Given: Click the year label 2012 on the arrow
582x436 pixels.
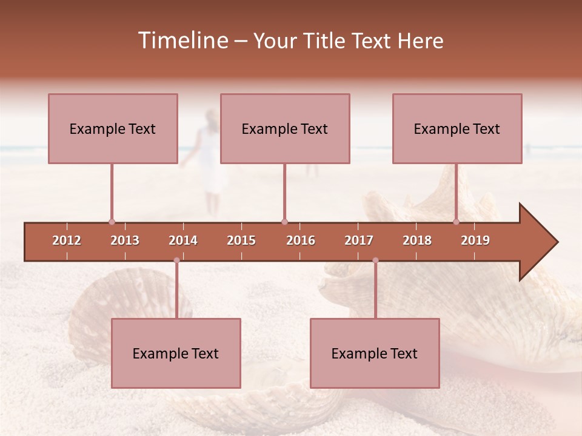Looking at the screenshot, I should click(x=67, y=240).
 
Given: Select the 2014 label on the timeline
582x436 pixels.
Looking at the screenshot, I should click(x=183, y=240).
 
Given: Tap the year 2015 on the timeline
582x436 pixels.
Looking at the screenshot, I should click(x=241, y=240).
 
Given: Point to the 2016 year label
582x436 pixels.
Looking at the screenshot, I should click(x=301, y=240).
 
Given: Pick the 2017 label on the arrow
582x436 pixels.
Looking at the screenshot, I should click(x=359, y=240).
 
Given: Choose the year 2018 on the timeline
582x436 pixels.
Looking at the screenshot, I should click(x=417, y=240).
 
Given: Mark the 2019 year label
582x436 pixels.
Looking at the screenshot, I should click(x=475, y=240).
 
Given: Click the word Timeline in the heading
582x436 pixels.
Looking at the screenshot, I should click(x=182, y=41).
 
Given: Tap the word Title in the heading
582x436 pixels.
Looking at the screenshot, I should click(x=325, y=41).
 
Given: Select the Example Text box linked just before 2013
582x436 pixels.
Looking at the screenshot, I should click(x=113, y=128).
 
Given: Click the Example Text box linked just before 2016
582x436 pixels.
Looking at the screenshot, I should click(x=285, y=128).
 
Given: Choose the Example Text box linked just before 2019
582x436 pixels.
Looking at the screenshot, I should click(x=457, y=128).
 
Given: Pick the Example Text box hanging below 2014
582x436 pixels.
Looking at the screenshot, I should click(x=176, y=353).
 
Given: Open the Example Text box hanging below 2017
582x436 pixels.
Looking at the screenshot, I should click(x=375, y=353).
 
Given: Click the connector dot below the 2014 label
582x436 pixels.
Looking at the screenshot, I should click(x=176, y=260).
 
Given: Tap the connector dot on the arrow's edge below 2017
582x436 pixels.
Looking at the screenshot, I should click(x=375, y=260).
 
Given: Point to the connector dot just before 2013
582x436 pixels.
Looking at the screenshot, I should click(x=112, y=222).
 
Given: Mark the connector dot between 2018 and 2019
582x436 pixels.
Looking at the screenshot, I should click(x=456, y=222).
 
